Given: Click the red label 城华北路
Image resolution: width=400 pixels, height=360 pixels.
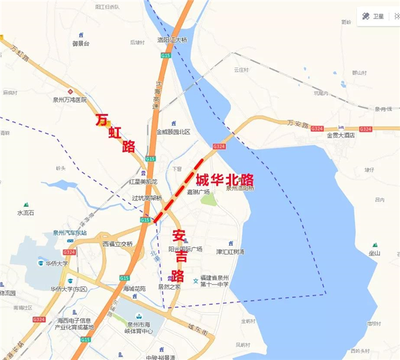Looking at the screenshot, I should click(x=225, y=178).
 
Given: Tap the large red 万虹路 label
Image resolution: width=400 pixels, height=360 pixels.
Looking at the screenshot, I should click(x=116, y=133).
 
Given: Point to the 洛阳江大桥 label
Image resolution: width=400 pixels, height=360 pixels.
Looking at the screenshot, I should click(x=172, y=40).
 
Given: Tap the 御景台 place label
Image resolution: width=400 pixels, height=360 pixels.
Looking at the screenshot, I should click(x=81, y=44).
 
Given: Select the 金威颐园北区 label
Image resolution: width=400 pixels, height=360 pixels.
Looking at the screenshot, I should click(x=173, y=132).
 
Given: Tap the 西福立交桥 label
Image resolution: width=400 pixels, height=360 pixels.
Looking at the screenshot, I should click(x=117, y=243).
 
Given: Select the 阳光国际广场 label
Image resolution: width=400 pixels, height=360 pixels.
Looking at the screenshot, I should click(x=185, y=249).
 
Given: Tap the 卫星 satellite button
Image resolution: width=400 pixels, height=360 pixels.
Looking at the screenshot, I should click(x=374, y=16).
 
